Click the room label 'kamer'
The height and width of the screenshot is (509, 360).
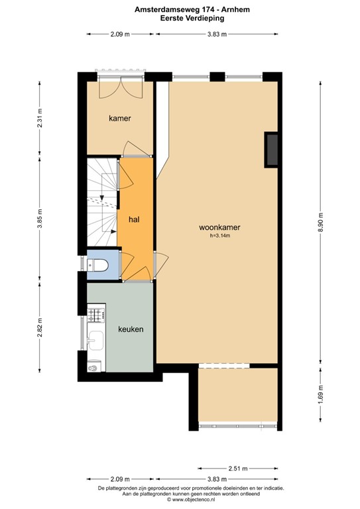(x=120, y=119)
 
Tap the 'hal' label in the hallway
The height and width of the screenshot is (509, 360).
(x=133, y=218)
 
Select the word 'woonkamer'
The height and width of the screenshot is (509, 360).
(x=219, y=227)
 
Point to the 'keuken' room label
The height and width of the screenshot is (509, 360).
(x=131, y=329)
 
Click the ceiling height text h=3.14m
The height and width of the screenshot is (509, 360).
(x=219, y=235)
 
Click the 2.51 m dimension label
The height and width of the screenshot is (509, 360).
(x=237, y=468)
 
